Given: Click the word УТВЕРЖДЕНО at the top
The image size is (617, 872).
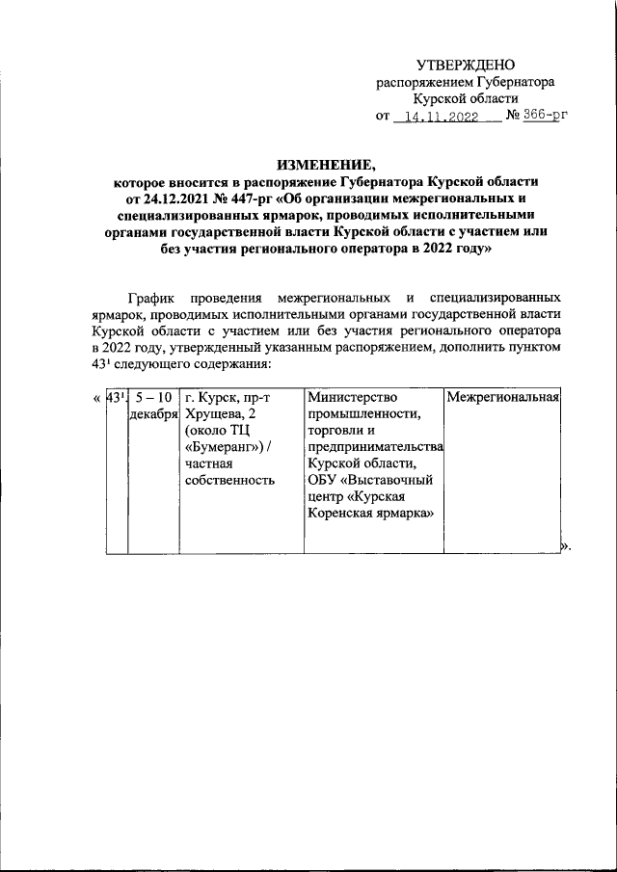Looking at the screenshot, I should tap(467, 65).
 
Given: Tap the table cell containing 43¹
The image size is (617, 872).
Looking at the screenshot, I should tap(115, 397).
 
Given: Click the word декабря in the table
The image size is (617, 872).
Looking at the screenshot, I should tap(153, 414).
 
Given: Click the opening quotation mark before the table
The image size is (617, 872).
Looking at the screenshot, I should tap(96, 397).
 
